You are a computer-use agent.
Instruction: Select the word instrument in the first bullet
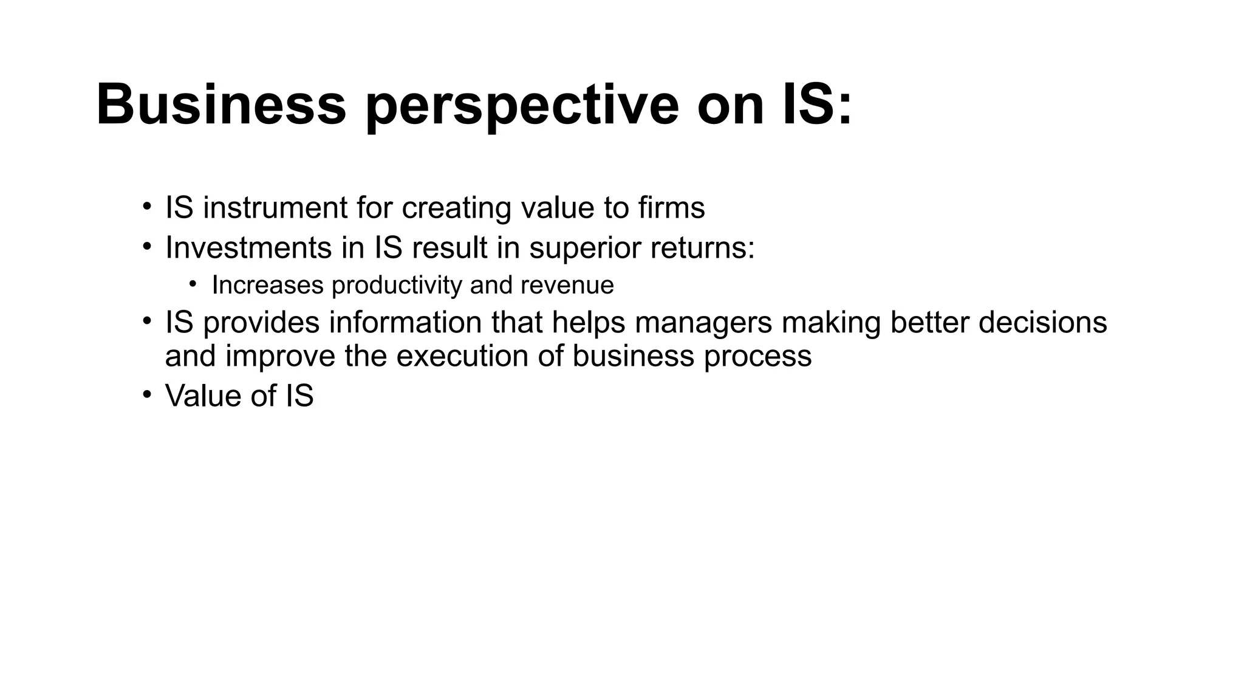[x=275, y=208]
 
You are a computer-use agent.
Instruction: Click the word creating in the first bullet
[x=456, y=208]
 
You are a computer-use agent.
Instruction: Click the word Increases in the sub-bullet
[x=267, y=285]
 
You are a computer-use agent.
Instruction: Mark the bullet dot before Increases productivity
[x=193, y=284]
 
